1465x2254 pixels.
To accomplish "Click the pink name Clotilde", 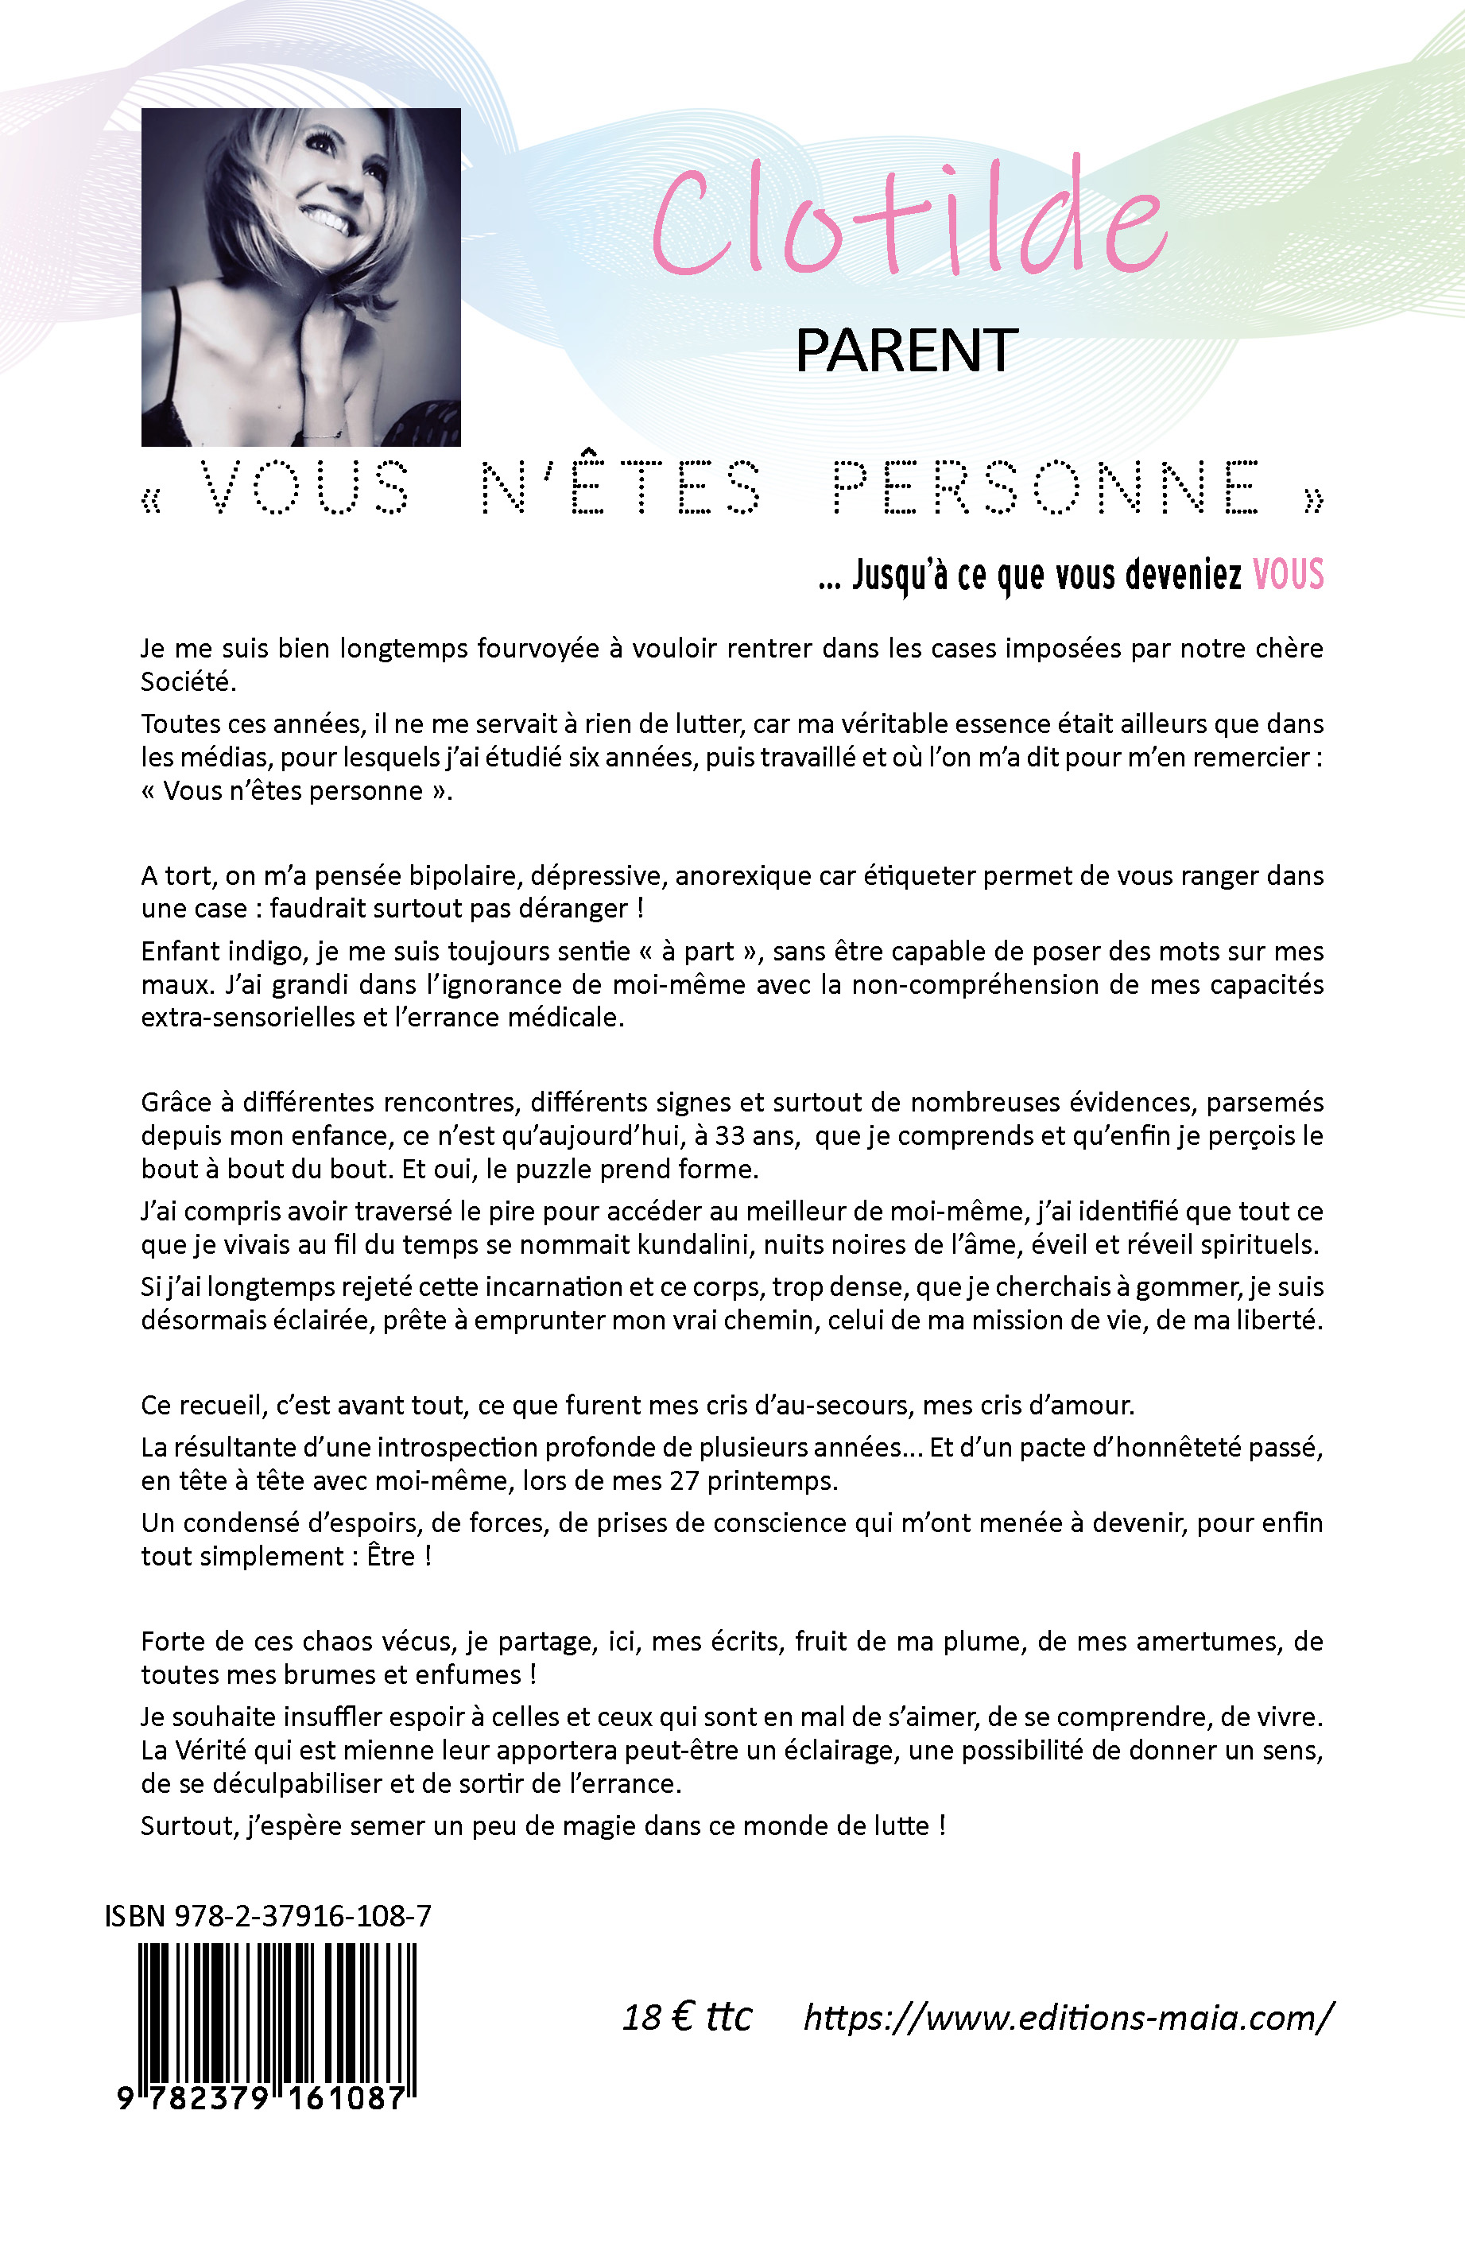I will pos(909,223).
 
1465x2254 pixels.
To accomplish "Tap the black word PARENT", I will pos(906,351).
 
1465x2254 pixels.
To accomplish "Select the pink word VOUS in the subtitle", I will pos(1288,575).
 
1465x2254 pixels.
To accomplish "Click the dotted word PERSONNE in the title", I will pos(1046,487).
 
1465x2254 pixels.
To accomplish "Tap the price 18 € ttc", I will pos(687,2018).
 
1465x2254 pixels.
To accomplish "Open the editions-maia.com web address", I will pos(1068,2018).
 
